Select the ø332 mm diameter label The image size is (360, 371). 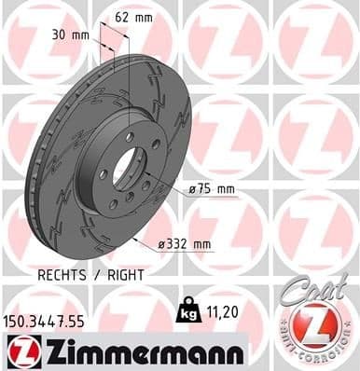(186, 244)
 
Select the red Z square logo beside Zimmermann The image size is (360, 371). (21, 351)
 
